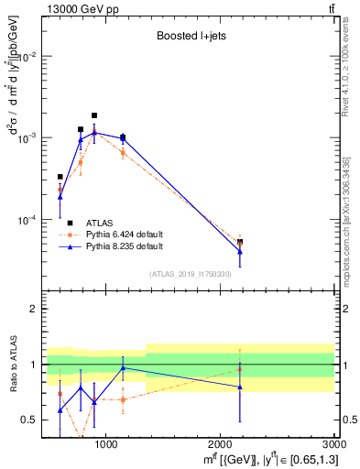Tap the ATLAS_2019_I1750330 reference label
[191, 274]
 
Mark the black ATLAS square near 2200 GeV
[240, 243]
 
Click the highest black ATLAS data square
[94, 115]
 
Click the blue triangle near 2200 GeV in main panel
[240, 252]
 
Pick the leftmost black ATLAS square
[60, 177]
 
